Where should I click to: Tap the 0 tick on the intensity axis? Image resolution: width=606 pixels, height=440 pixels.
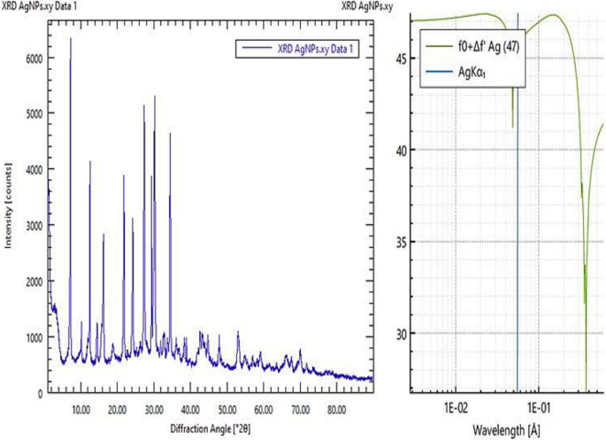[39, 392]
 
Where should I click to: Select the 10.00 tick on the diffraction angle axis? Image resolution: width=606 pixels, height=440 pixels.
[81, 409]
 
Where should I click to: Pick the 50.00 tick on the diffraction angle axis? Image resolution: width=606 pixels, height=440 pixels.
[226, 409]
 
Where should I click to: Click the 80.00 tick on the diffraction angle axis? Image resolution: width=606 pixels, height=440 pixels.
[336, 409]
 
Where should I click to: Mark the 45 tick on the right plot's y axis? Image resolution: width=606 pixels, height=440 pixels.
[402, 58]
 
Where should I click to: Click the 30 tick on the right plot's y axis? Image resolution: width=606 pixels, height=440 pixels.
[402, 334]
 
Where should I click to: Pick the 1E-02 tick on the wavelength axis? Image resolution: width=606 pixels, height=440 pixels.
[455, 411]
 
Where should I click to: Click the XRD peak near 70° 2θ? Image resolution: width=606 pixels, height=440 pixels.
[300, 351]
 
